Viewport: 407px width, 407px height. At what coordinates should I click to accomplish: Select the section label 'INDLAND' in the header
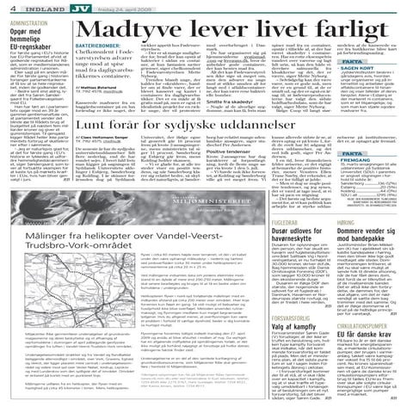tap(40, 6)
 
